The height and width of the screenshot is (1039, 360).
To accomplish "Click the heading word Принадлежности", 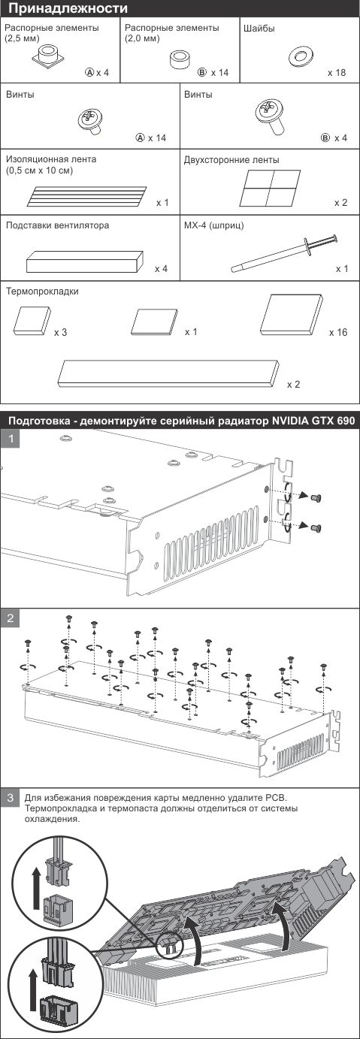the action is [x=68, y=8].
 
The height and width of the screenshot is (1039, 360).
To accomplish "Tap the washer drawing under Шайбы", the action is [x=300, y=56].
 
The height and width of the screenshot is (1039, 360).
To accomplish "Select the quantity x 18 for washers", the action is [x=337, y=73].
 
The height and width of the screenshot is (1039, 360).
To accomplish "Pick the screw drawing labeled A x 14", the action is [x=90, y=120].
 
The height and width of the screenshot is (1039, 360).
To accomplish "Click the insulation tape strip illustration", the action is [x=87, y=196].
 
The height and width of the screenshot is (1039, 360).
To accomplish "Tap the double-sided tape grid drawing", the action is [x=271, y=188].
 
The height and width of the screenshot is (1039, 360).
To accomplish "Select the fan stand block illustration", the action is [x=85, y=262].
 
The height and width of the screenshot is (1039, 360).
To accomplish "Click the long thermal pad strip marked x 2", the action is [x=168, y=374].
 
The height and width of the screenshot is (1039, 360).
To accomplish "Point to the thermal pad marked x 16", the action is [x=292, y=315].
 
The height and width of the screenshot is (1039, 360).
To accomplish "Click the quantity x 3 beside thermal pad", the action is [x=60, y=333].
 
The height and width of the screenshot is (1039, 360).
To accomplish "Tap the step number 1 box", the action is [x=11, y=437].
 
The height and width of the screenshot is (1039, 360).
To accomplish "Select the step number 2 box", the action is [x=11, y=618].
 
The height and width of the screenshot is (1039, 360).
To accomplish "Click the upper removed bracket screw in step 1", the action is [x=316, y=497].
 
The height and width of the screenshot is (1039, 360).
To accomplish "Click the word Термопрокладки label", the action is [x=42, y=291].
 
